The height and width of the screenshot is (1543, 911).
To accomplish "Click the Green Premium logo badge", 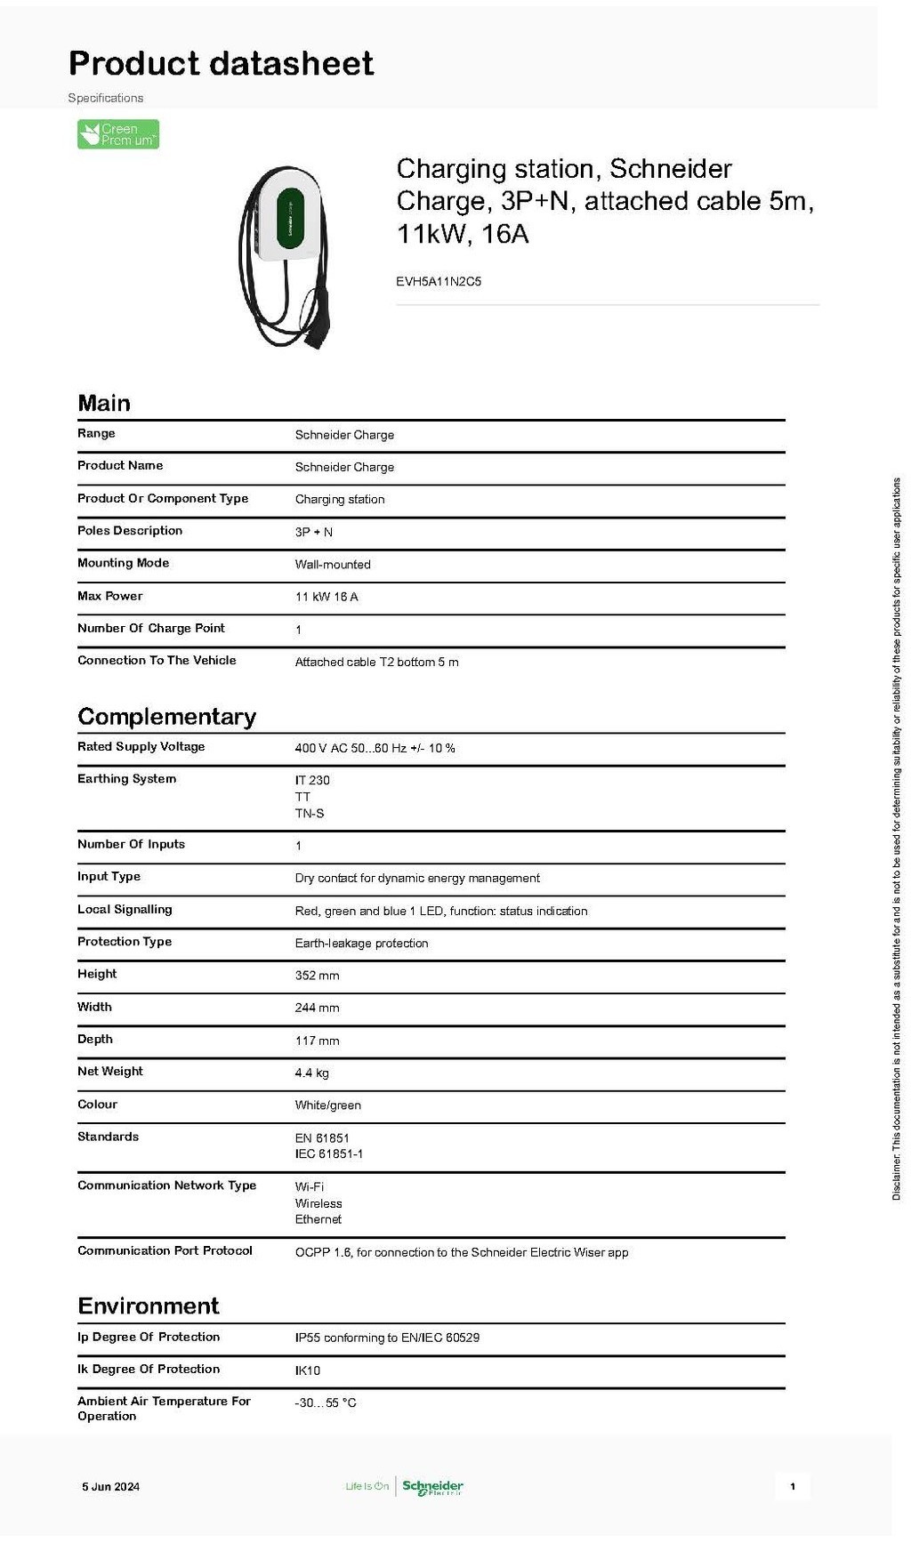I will pyautogui.click(x=118, y=134).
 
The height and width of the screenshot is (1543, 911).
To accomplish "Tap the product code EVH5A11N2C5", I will pyautogui.click(x=439, y=282).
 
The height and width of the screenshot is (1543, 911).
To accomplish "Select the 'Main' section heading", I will pyautogui.click(x=104, y=403).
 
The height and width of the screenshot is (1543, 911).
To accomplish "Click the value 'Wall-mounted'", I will pyautogui.click(x=333, y=565).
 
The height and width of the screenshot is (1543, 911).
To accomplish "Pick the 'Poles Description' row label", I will pyautogui.click(x=130, y=531).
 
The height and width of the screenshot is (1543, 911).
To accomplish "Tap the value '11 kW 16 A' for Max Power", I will pyautogui.click(x=327, y=597).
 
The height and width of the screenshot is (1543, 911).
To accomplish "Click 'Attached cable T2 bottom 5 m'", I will pyautogui.click(x=376, y=662).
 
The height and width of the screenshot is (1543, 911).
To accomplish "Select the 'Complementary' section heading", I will pyautogui.click(x=167, y=717).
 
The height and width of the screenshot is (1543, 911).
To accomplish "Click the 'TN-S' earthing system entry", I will pyautogui.click(x=310, y=814).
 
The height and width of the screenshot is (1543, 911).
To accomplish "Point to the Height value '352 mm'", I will pyautogui.click(x=317, y=976).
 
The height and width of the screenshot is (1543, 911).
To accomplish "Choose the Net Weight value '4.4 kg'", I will pyautogui.click(x=311, y=1073).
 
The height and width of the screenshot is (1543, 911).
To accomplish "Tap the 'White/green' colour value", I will pyautogui.click(x=327, y=1105).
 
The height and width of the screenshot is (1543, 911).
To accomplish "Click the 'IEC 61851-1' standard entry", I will pyautogui.click(x=328, y=1154).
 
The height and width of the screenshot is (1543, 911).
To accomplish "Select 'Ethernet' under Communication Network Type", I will pyautogui.click(x=318, y=1219).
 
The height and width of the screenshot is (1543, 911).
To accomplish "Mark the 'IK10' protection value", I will pyautogui.click(x=308, y=1370).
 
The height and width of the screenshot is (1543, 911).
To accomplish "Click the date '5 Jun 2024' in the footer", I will pyautogui.click(x=111, y=1486).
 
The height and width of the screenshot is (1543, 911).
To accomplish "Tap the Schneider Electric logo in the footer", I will pyautogui.click(x=432, y=1486).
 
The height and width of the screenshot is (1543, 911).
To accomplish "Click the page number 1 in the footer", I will pyautogui.click(x=793, y=1486).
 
